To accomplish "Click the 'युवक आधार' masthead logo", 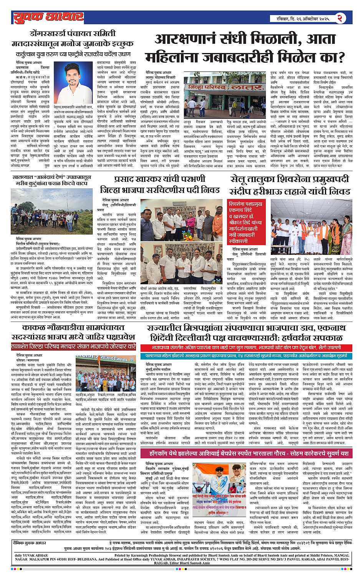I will pos(48,17).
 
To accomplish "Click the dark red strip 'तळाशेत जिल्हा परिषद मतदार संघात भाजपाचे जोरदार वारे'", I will pos(73,346).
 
